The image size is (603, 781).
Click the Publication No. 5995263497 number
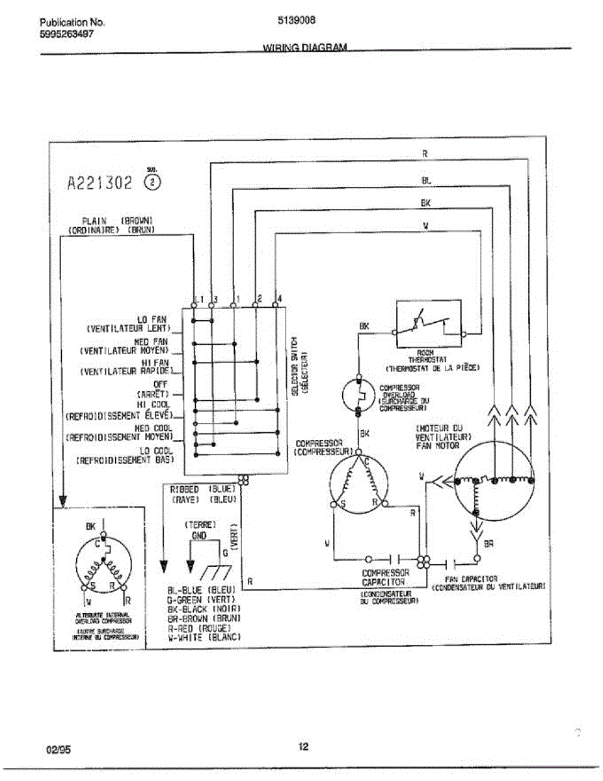66,34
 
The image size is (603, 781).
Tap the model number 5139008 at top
297,20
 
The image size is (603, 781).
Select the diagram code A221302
100,182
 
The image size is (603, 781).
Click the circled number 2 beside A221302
152,182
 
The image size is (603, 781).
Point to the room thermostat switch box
429,323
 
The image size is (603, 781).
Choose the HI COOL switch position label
158,405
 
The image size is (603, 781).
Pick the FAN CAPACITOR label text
471,579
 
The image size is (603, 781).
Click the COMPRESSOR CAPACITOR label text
386,577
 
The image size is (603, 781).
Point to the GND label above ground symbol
199,536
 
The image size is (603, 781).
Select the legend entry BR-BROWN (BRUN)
204,618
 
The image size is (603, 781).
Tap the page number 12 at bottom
303,747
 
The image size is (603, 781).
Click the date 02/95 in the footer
59,750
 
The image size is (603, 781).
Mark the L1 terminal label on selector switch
198,299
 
